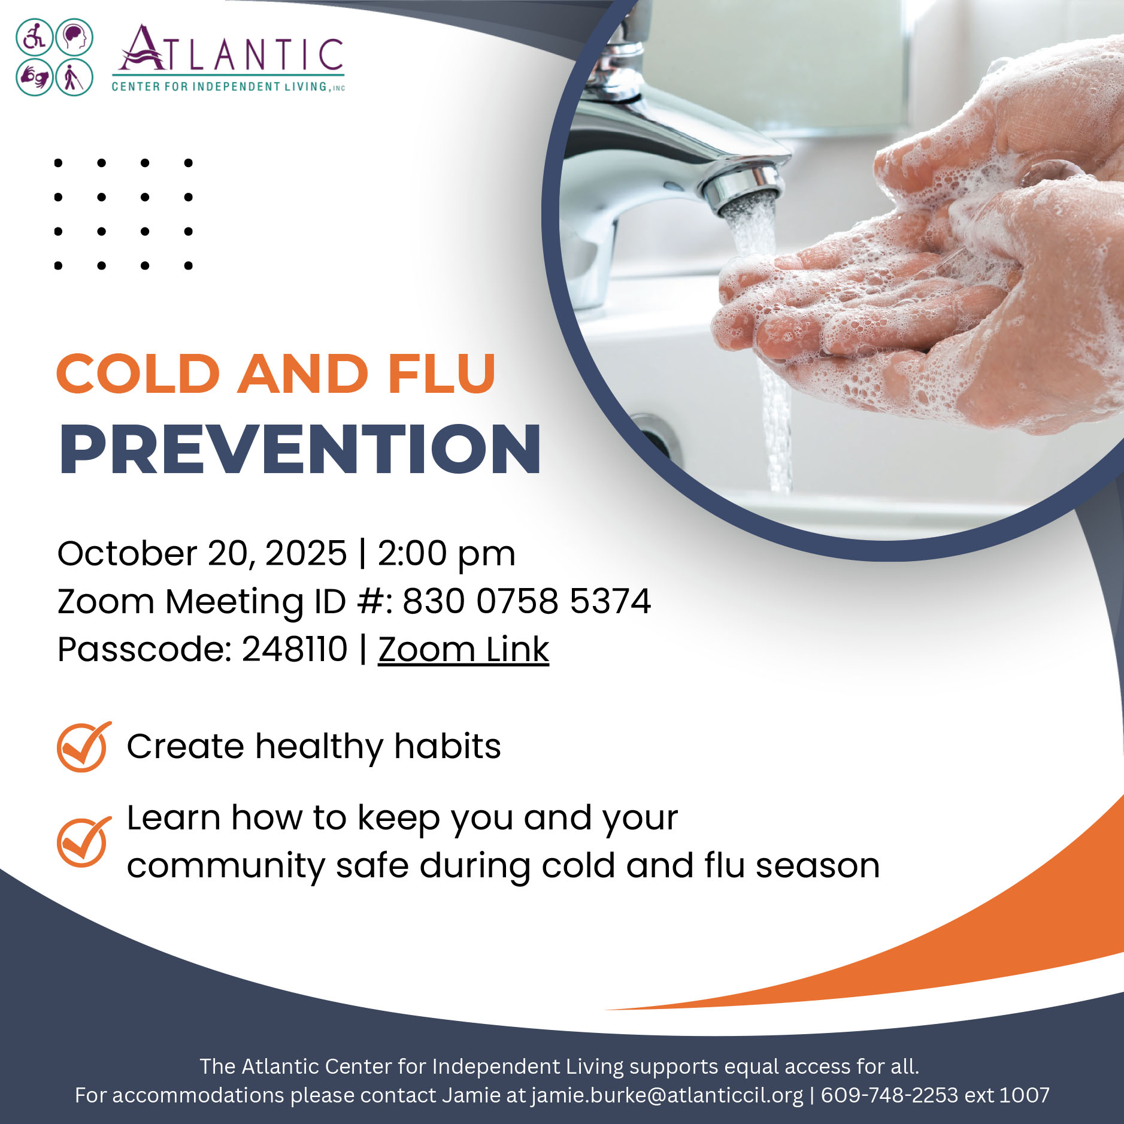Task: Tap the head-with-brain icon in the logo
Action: (x=74, y=37)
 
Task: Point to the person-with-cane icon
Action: (x=74, y=77)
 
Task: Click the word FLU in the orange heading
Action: (x=441, y=374)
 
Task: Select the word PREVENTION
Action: (x=300, y=450)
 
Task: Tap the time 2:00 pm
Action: (x=446, y=553)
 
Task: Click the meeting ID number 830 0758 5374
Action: (x=526, y=601)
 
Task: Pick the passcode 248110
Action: (x=295, y=649)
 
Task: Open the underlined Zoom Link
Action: (x=463, y=650)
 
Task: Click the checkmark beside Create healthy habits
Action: (x=84, y=746)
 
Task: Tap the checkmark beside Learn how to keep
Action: (x=84, y=841)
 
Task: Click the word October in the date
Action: (x=127, y=553)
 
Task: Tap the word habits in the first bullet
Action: (x=447, y=746)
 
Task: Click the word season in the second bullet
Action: (x=817, y=867)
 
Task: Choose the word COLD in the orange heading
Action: (x=138, y=374)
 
